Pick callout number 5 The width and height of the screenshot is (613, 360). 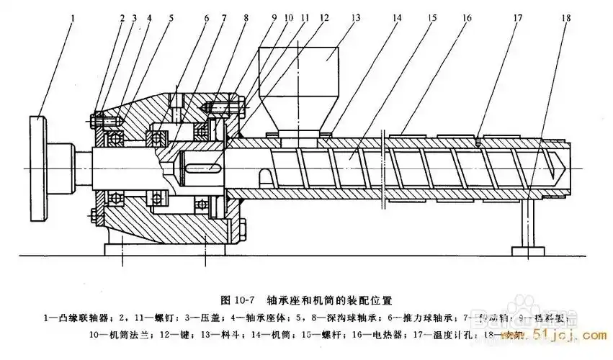(171, 16)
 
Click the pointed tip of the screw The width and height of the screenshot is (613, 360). (559, 167)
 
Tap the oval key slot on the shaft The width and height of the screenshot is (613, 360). (204, 168)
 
